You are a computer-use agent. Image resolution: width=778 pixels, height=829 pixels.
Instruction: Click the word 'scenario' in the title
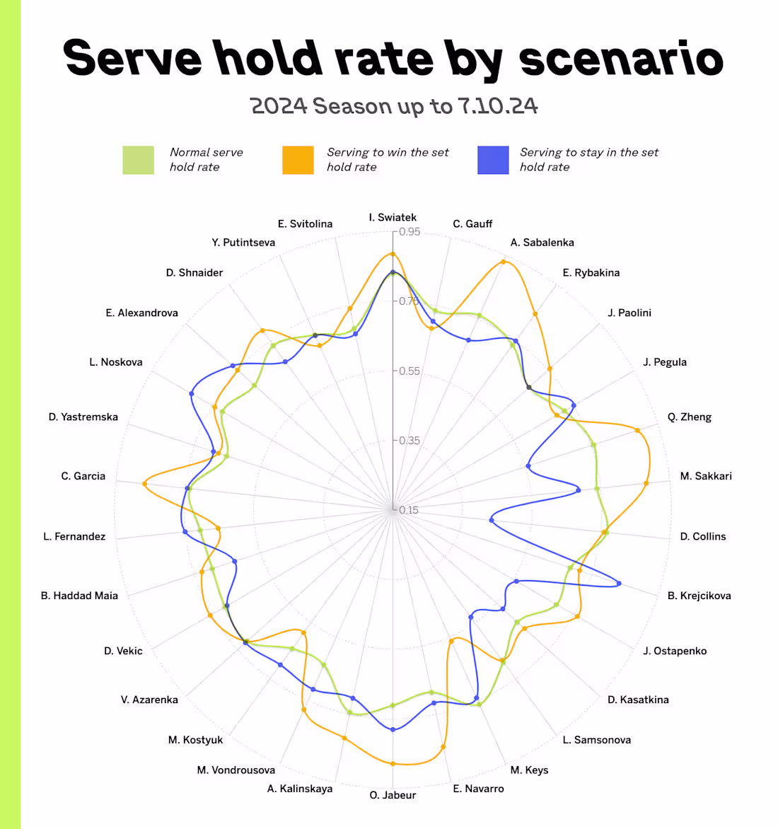pyautogui.click(x=621, y=58)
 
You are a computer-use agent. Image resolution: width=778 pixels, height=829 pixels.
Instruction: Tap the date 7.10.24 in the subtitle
pyautogui.click(x=497, y=106)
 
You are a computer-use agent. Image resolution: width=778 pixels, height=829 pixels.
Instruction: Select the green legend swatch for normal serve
pyautogui.click(x=138, y=160)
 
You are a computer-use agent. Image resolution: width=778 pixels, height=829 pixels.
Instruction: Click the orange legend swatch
pyautogui.click(x=298, y=160)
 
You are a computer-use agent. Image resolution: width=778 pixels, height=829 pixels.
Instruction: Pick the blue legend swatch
pyautogui.click(x=493, y=160)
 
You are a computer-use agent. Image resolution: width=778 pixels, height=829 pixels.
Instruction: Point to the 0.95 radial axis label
pyautogui.click(x=409, y=232)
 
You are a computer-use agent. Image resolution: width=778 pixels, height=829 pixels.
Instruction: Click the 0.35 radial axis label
pyautogui.click(x=409, y=441)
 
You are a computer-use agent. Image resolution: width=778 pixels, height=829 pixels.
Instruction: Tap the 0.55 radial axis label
pyautogui.click(x=409, y=371)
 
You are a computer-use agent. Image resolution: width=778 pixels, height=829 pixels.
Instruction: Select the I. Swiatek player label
pyautogui.click(x=393, y=217)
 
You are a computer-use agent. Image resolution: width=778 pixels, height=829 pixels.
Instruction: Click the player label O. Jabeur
pyautogui.click(x=393, y=795)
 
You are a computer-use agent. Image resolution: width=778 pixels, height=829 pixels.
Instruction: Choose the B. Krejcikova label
pyautogui.click(x=699, y=596)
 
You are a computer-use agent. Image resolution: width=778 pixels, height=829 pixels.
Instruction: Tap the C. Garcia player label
pyautogui.click(x=83, y=476)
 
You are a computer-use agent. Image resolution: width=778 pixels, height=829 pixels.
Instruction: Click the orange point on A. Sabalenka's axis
pyautogui.click(x=503, y=262)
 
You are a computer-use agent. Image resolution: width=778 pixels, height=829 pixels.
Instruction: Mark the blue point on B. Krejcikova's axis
pyautogui.click(x=619, y=584)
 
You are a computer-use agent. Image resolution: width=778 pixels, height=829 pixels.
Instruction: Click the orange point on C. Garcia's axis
pyautogui.click(x=144, y=484)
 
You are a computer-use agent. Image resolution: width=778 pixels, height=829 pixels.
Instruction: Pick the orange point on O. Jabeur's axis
pyautogui.click(x=393, y=764)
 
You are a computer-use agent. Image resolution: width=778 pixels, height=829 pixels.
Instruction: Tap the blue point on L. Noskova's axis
pyautogui.click(x=191, y=393)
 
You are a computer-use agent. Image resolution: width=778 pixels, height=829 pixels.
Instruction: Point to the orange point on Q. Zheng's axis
pyautogui.click(x=638, y=429)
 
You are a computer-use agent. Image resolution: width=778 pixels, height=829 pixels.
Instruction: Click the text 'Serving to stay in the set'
pyautogui.click(x=588, y=152)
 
